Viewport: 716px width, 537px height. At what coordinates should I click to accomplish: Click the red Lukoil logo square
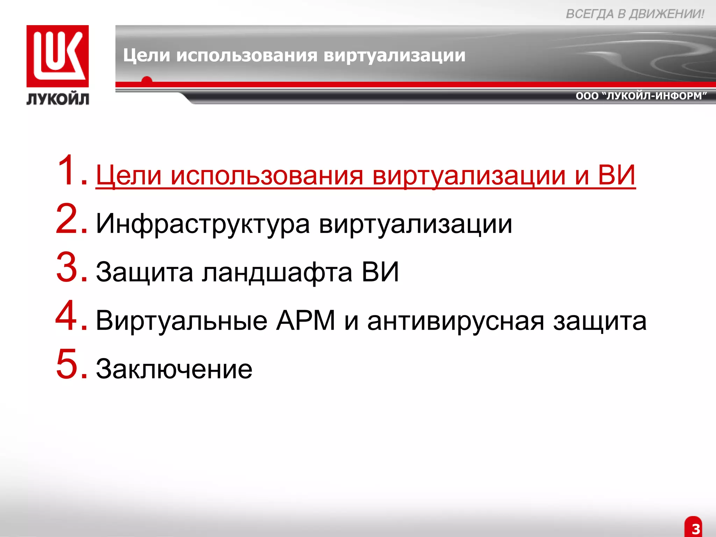tap(58, 56)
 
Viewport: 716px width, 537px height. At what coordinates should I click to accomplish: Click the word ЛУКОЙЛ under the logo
tap(58, 99)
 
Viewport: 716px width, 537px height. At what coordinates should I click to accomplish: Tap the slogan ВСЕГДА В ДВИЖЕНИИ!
tap(635, 14)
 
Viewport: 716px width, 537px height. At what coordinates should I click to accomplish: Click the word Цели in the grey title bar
tap(146, 56)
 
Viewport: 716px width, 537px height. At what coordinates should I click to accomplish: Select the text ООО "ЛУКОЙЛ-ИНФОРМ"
tap(641, 96)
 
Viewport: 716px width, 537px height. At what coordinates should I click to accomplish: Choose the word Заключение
tap(174, 369)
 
